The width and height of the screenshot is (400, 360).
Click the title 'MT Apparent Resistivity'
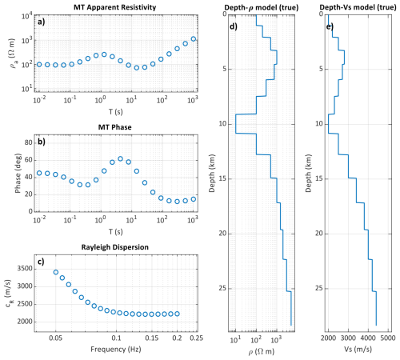coord(114,7)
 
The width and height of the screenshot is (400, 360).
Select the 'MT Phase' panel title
coord(114,127)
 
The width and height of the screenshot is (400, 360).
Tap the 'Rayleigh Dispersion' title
coord(114,247)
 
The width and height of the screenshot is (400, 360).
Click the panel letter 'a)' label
coord(41,22)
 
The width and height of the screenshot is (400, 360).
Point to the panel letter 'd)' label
coord(234,26)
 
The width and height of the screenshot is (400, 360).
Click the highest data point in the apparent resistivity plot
coord(194,39)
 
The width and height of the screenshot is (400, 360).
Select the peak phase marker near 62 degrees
coord(120,158)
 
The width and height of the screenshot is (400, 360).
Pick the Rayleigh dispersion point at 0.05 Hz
coord(56,272)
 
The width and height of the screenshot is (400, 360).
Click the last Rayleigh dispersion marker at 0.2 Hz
coord(177,314)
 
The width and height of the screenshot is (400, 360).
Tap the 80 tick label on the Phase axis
coord(29,142)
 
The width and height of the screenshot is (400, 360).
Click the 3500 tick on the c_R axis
coord(25,269)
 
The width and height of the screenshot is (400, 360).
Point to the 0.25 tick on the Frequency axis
coord(196,338)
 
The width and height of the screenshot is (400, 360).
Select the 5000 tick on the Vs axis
coord(388,338)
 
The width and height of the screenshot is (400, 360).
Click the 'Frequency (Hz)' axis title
coord(116,349)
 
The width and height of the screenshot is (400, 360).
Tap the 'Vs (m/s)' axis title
coord(358,349)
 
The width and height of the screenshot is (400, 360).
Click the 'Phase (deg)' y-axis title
coord(18,173)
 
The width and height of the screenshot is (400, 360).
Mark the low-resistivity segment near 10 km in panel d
coord(236,124)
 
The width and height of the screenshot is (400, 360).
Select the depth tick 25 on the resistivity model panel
coord(222,288)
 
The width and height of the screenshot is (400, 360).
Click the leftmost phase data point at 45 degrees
coord(39,173)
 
